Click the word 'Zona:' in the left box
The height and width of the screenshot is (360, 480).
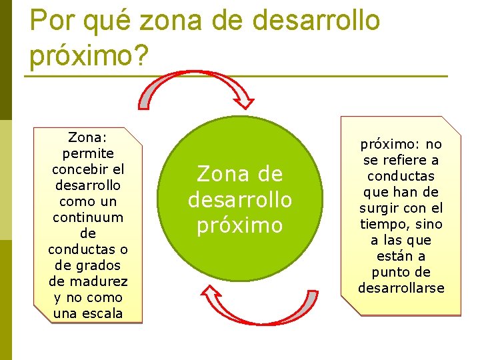coord(88,138)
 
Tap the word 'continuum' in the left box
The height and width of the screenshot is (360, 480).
coord(88,217)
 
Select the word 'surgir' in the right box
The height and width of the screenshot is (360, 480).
coord(381,209)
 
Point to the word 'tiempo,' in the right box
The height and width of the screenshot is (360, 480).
coord(383,225)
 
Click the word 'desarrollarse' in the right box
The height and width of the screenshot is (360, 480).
coord(401,289)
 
